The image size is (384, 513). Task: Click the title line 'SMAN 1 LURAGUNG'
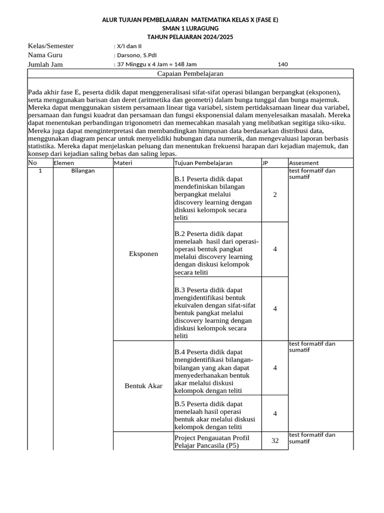(190, 29)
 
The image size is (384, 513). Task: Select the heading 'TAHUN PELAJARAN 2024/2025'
(190, 37)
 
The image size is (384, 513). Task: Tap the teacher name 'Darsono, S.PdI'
(135, 55)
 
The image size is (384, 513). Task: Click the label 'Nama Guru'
(45, 55)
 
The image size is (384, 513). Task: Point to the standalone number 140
(282, 64)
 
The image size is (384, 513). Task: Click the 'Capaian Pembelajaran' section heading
(190, 74)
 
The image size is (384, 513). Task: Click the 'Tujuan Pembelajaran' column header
(203, 163)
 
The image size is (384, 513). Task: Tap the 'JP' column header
(265, 163)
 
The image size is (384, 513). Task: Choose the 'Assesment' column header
(304, 163)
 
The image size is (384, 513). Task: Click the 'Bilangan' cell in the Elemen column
(83, 171)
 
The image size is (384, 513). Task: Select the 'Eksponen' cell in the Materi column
(143, 254)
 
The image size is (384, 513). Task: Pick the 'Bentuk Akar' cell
(143, 386)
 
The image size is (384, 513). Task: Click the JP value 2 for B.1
(275, 195)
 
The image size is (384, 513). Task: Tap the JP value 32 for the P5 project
(275, 441)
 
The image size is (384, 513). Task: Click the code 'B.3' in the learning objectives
(179, 290)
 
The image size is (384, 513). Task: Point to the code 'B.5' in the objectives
(179, 404)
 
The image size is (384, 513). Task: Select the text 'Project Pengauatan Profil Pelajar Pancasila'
(211, 441)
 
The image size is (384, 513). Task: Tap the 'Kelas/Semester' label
(50, 46)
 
